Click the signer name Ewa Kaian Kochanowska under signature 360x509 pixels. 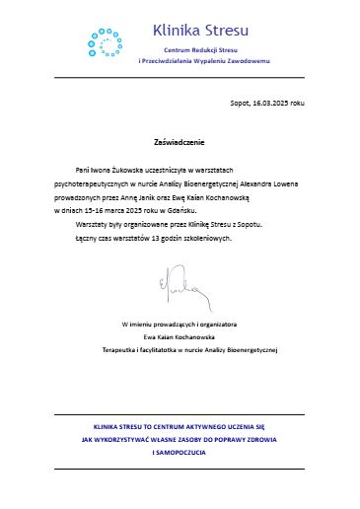tap(180, 336)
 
